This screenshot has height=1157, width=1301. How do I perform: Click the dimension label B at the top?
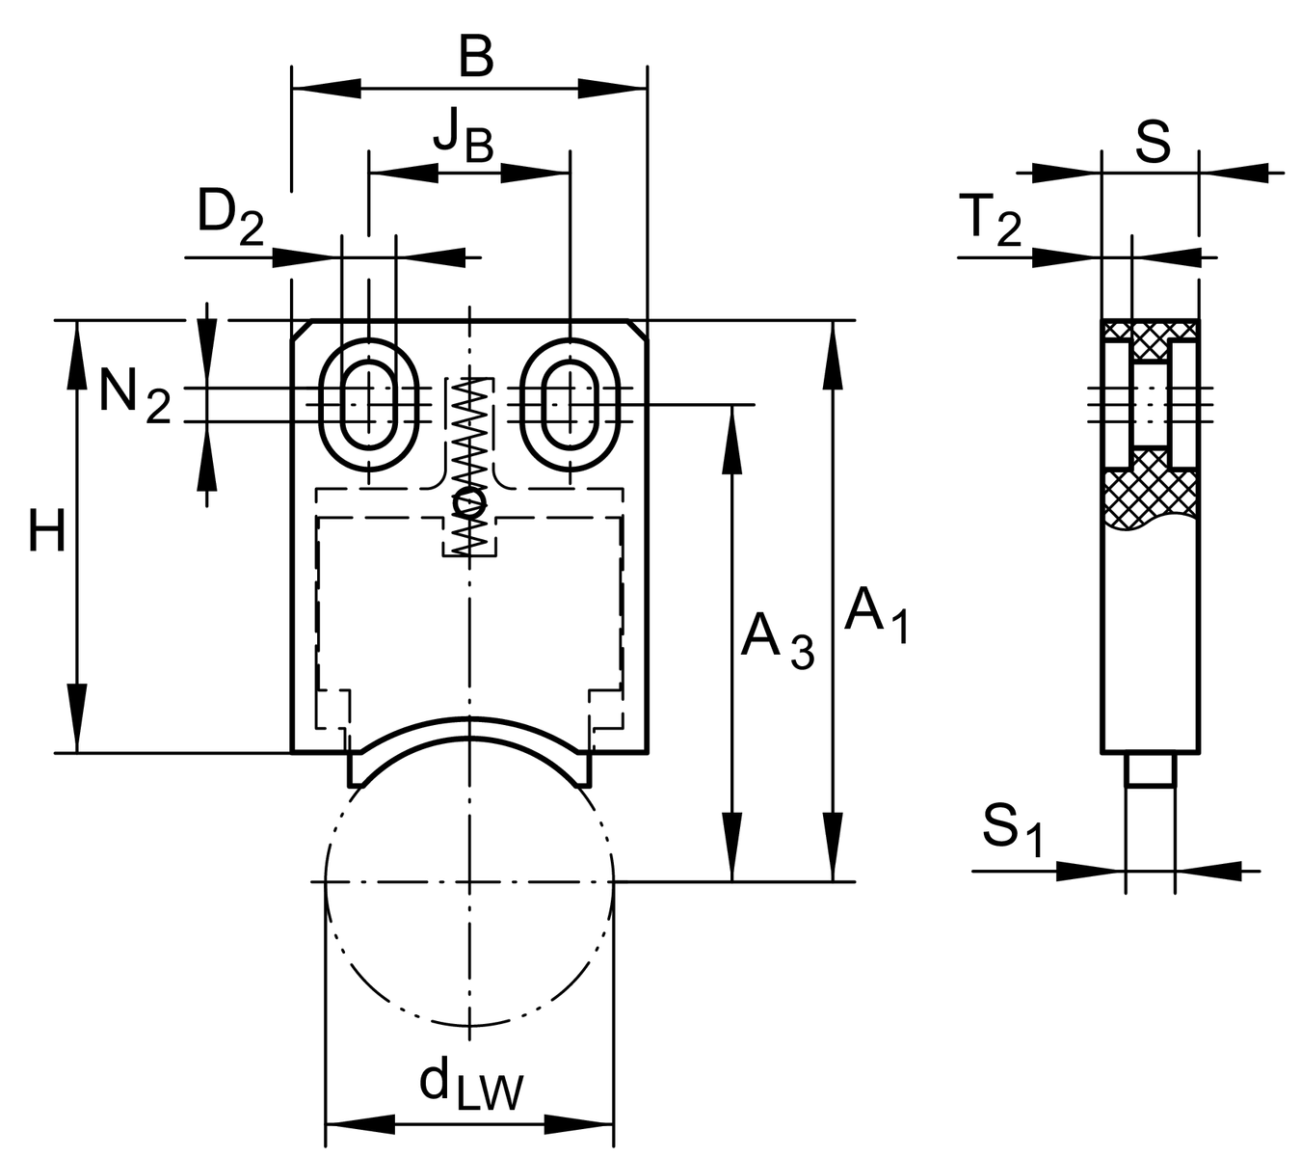(475, 58)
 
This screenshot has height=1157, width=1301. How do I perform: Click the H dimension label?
(46, 532)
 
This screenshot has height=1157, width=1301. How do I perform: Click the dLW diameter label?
(471, 1088)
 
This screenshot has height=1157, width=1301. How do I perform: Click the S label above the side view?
(1152, 143)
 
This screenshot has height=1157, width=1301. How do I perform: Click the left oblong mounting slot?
(369, 405)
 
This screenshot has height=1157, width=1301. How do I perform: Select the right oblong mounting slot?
(571, 405)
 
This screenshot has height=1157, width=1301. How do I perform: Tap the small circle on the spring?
(468, 502)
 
